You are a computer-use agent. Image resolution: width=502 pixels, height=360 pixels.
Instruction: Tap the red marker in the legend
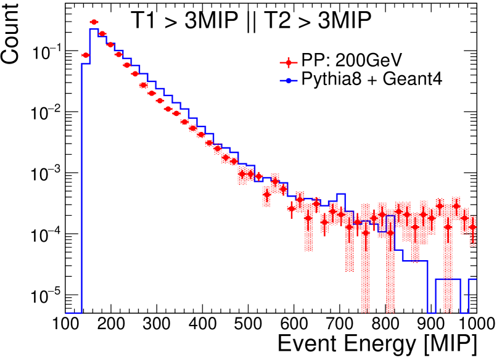click(x=287, y=62)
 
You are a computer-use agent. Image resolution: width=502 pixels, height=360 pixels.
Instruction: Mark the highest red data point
click(x=94, y=22)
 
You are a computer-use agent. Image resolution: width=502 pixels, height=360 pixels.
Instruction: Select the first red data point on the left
click(x=86, y=55)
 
